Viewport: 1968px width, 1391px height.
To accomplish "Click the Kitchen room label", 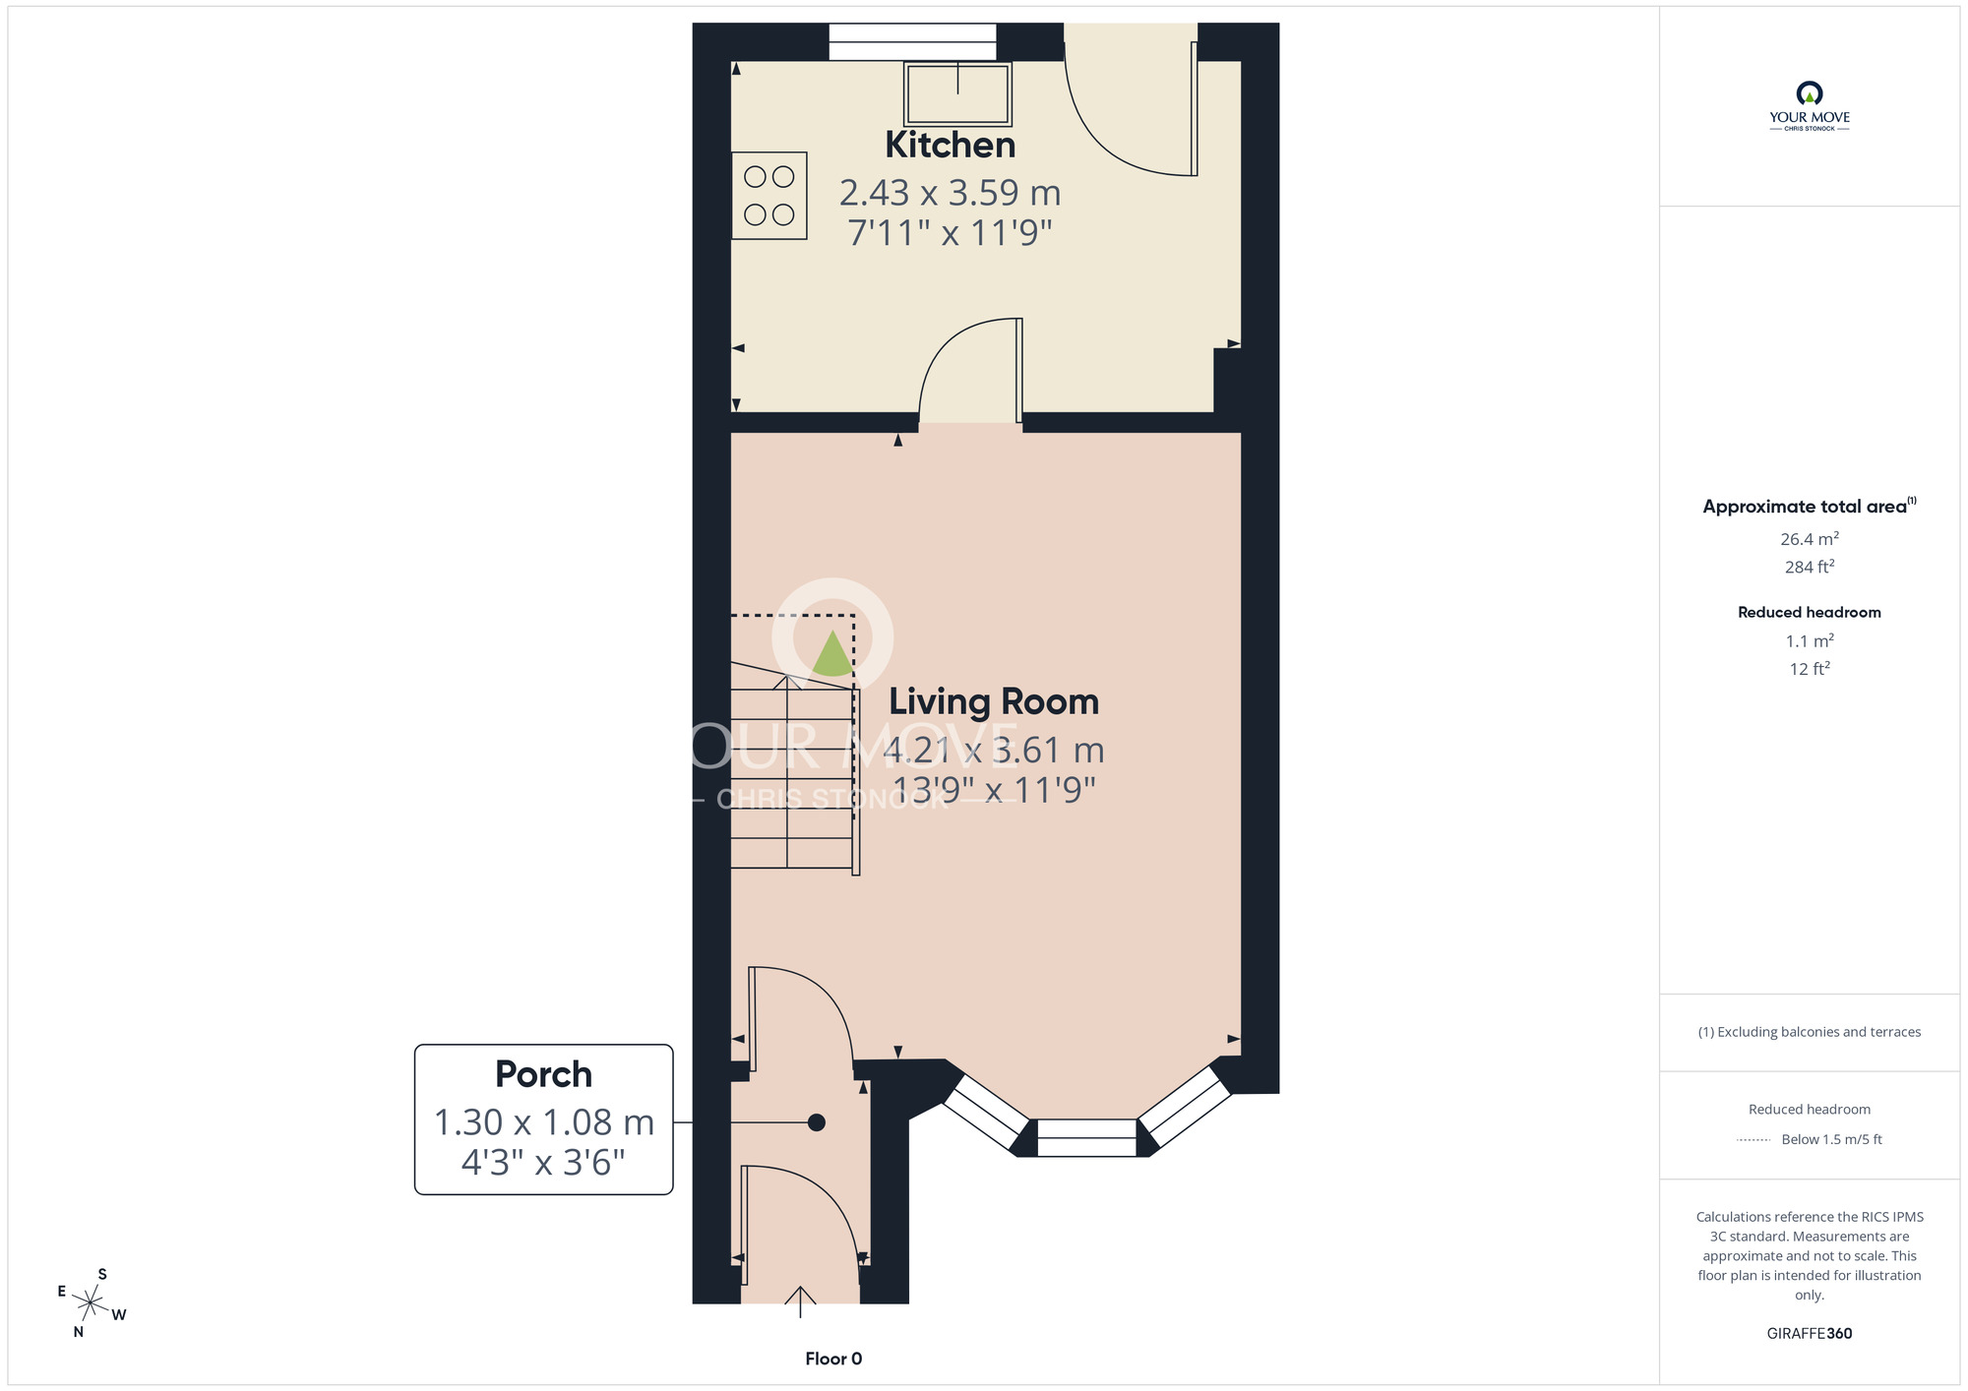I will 950,146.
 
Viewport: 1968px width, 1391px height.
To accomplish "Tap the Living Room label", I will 994,702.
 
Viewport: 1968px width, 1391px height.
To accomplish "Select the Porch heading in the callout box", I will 543,1074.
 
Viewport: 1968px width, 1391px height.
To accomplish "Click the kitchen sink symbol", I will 957,93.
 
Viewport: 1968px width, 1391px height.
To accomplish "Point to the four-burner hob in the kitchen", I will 769,196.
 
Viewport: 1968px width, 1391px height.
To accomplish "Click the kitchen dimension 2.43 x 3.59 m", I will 950,193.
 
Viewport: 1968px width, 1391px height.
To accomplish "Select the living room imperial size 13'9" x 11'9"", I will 994,790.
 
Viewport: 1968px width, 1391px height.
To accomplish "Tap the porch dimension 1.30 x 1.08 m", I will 543,1122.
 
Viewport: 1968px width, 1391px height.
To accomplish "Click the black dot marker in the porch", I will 816,1122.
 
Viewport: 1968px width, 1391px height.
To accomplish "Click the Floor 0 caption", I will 833,1359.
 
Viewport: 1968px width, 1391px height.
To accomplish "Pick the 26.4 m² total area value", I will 1809,539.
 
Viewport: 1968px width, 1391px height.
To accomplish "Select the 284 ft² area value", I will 1809,567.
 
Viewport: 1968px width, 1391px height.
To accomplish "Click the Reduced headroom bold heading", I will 1809,612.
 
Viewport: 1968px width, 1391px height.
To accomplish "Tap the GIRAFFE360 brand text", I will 1809,1334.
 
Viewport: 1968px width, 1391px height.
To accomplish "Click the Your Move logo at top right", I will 1809,106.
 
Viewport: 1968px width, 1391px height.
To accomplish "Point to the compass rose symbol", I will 91,1304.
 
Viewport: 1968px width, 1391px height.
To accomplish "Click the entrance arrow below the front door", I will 800,1300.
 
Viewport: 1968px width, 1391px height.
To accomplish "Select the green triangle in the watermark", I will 832,654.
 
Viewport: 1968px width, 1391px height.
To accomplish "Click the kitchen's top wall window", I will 912,41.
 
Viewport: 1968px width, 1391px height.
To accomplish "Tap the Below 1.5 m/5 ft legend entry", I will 1830,1139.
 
